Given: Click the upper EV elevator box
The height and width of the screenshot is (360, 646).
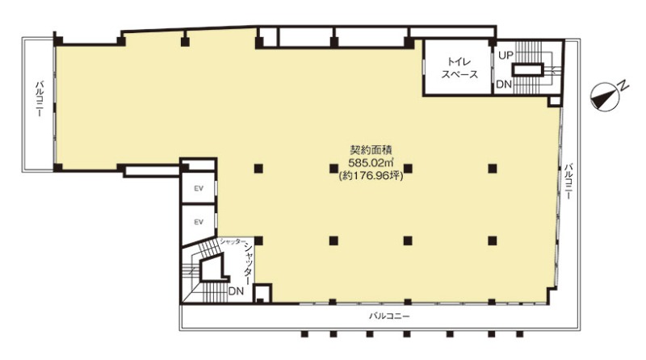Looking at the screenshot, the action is [x=199, y=188].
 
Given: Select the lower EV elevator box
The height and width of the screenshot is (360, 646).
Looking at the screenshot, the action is [x=199, y=222].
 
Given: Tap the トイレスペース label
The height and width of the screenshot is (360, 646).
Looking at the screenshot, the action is [x=459, y=69].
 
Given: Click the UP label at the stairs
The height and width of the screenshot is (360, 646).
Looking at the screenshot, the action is [x=506, y=56].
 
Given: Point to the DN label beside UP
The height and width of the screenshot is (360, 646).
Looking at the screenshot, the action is [x=504, y=85].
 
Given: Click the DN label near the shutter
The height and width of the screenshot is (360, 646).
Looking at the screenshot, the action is [x=236, y=291].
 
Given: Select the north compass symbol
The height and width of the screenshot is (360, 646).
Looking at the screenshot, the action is [x=604, y=97].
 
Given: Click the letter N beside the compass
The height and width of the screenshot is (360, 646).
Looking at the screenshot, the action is [x=623, y=86].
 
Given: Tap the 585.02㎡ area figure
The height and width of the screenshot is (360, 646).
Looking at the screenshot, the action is [x=370, y=162].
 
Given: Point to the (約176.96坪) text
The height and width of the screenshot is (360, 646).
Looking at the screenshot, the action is [x=371, y=176].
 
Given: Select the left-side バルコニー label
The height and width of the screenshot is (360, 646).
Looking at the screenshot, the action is [x=40, y=98].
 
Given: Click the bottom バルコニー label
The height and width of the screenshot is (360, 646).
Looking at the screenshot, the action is [x=389, y=316].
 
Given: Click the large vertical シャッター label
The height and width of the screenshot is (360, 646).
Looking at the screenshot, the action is [x=248, y=263].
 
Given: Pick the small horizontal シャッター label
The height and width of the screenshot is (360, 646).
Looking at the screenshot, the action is [x=233, y=242].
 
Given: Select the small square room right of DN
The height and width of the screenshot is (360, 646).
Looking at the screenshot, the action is [x=262, y=294].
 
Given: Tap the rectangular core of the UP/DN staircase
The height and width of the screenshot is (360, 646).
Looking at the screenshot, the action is [x=528, y=69].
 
